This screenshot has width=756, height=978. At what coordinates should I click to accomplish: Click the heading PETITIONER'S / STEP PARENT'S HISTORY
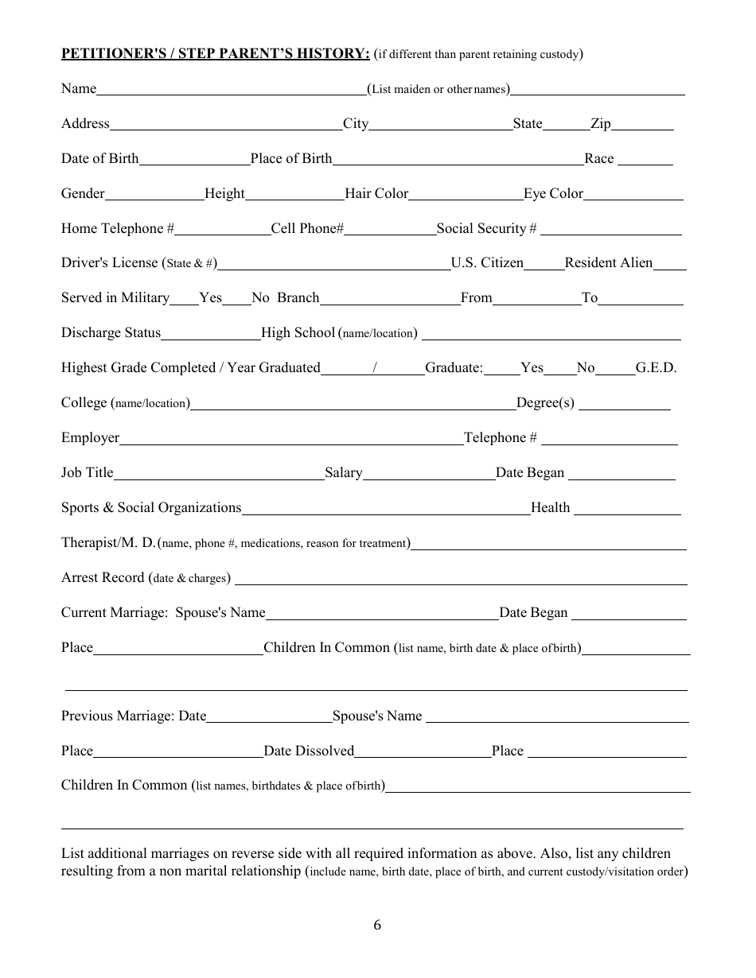(x=216, y=53)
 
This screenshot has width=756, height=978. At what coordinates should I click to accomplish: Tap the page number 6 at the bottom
(x=377, y=925)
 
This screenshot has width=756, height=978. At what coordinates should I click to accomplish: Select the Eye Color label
(x=553, y=193)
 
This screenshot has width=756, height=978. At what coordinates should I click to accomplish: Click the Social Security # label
(x=486, y=228)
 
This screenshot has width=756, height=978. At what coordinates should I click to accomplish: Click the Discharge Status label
(x=111, y=332)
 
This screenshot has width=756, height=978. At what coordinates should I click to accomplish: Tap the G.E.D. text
(x=656, y=367)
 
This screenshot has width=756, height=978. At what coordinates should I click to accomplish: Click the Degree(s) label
(x=545, y=402)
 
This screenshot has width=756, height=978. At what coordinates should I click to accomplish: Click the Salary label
(x=343, y=472)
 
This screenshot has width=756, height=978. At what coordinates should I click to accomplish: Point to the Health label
(x=550, y=507)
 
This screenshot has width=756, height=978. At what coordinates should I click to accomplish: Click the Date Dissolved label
(x=309, y=751)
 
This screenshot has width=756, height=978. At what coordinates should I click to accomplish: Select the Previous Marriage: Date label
(x=134, y=716)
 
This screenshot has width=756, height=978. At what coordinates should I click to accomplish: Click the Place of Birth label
(x=290, y=158)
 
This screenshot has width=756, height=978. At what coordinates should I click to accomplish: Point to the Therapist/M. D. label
(x=108, y=542)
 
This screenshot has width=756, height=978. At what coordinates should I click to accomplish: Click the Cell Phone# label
(x=307, y=228)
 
